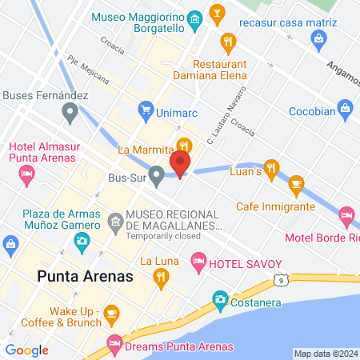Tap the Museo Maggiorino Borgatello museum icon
pyautogui.click(x=194, y=18)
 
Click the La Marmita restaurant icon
pyautogui.click(x=185, y=146)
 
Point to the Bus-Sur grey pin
pyautogui.click(x=156, y=174)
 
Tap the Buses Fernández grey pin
pyautogui.click(x=70, y=113)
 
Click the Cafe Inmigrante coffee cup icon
pyautogui.click(x=297, y=185)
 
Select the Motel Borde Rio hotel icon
pyautogui.click(x=346, y=215)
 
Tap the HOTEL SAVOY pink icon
pyautogui.click(x=198, y=261)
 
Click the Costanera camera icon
pyautogui.click(x=219, y=299)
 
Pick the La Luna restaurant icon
pyautogui.click(x=161, y=277)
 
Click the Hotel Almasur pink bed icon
pyautogui.click(x=27, y=173)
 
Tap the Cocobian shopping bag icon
pyautogui.click(x=345, y=107)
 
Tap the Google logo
pyautogui.click(x=26, y=350)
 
